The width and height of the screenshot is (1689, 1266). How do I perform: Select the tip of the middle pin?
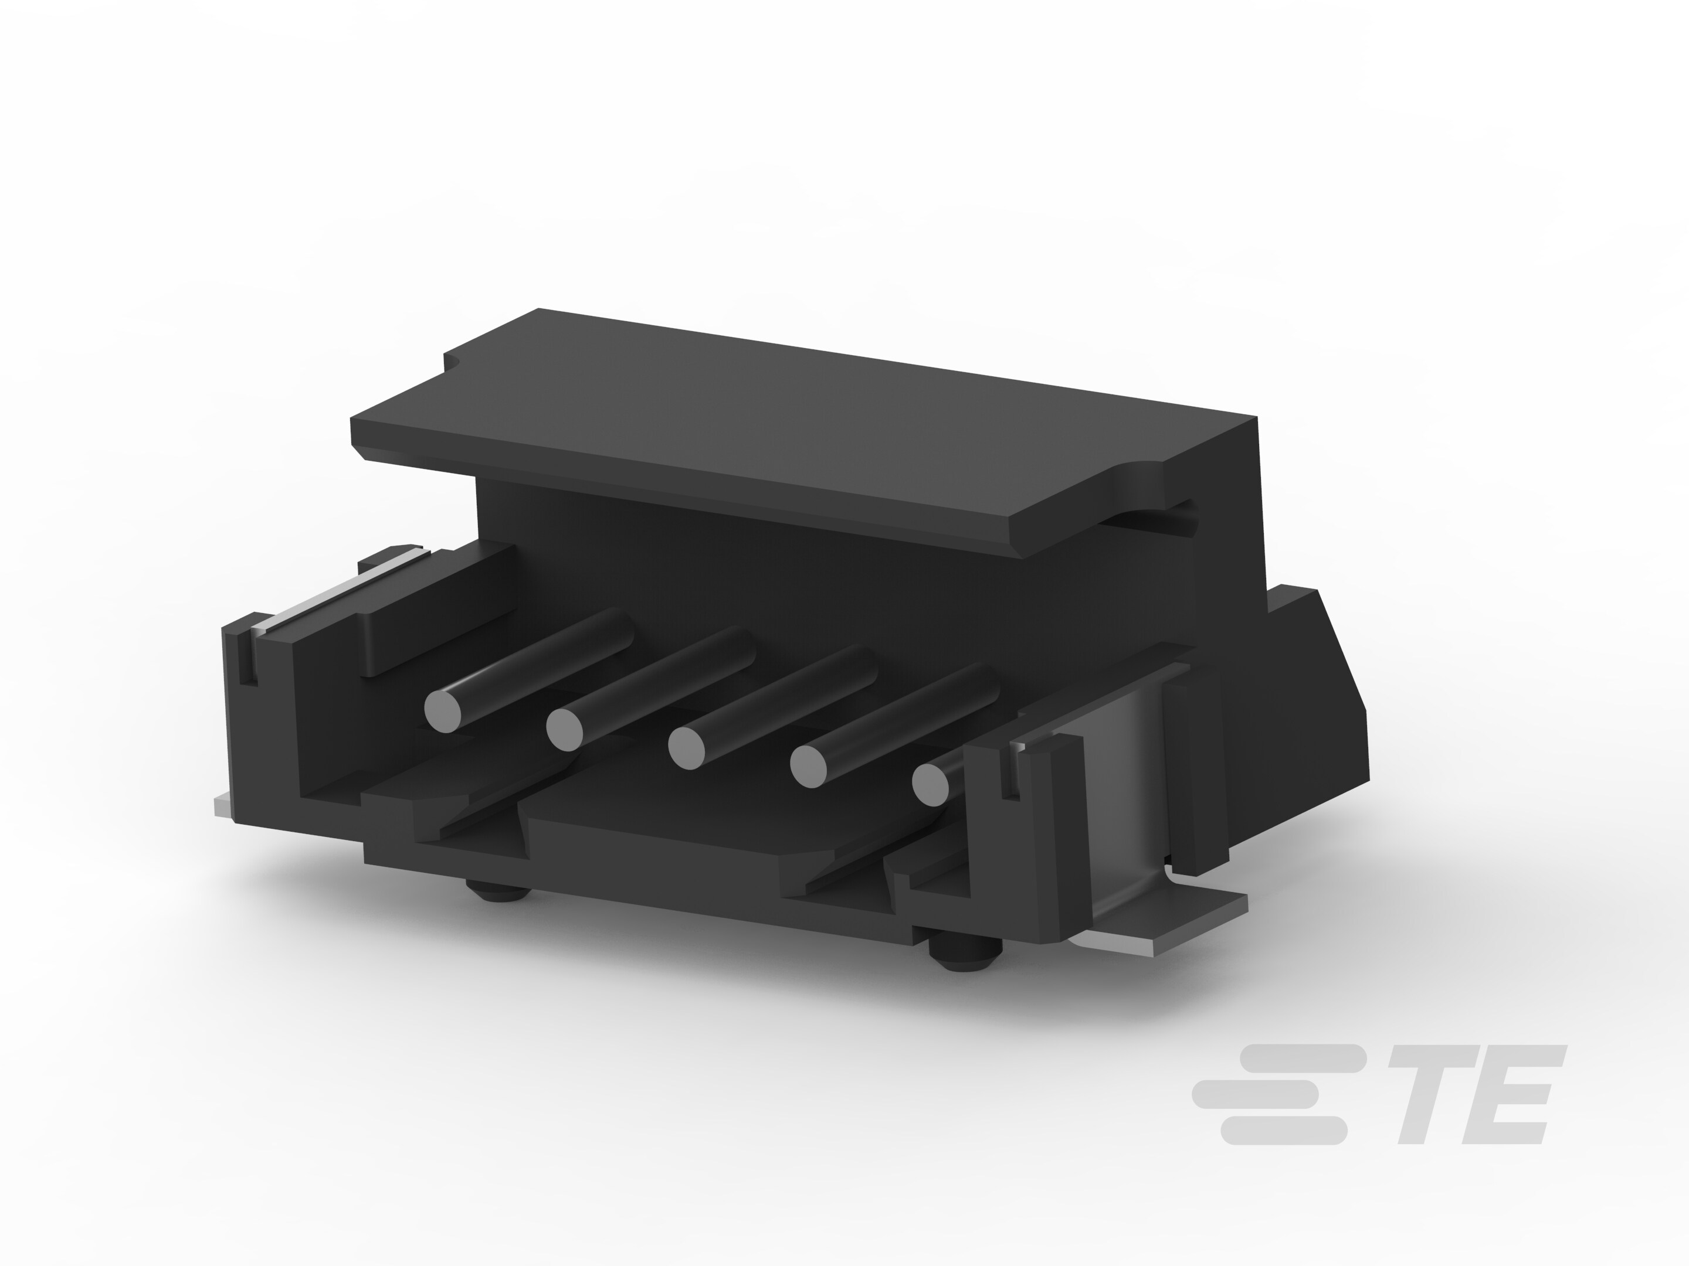(x=686, y=748)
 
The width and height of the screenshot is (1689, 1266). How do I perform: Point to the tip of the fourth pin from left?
(x=809, y=766)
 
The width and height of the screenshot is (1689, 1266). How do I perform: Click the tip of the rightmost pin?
(x=930, y=784)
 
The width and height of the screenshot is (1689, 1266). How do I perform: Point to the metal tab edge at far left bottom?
(x=222, y=806)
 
